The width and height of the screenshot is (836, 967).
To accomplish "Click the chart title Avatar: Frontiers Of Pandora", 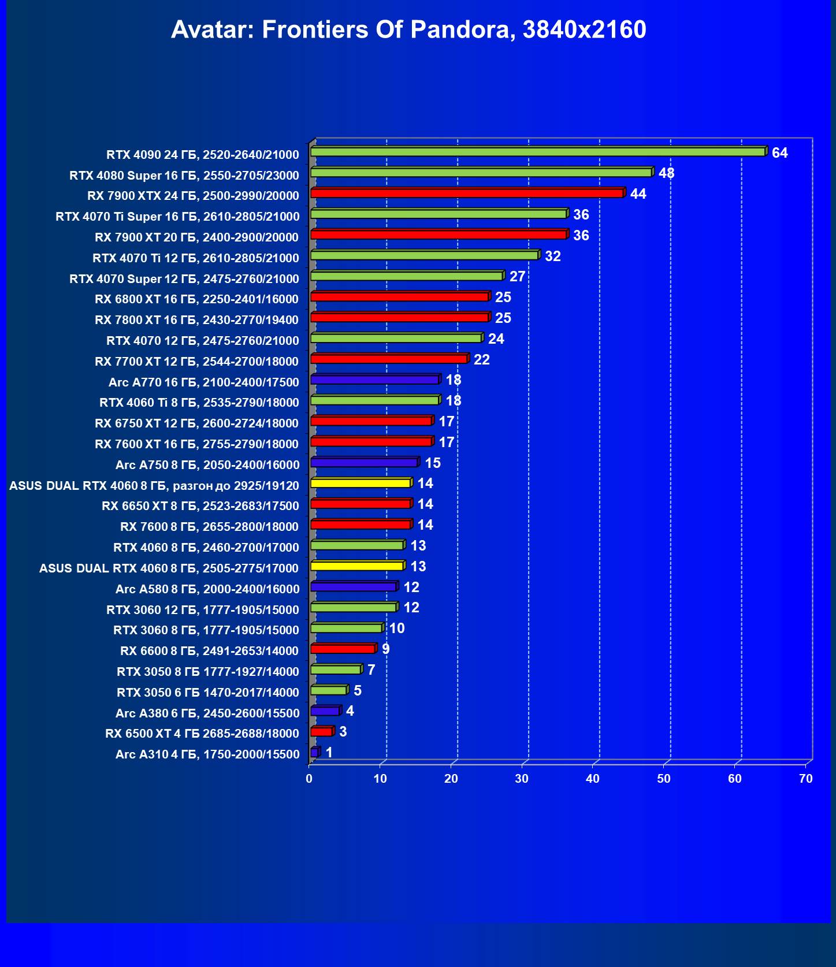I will tap(408, 29).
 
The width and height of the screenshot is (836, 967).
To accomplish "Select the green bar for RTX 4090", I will tap(537, 152).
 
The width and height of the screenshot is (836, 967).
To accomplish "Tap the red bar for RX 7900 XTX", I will tap(467, 193).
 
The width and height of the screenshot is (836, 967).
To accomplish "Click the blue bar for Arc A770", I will tap(375, 380).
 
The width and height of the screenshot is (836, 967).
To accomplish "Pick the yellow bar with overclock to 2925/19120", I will tap(361, 483).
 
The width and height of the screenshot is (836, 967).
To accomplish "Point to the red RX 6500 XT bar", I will tap(321, 732).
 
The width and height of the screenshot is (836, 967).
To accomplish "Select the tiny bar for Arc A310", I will tap(315, 752).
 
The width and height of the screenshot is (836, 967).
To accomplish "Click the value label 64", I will tap(779, 153).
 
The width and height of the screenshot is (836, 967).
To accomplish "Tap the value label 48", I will tap(666, 173).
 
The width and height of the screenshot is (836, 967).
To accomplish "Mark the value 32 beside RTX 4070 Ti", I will tap(552, 256).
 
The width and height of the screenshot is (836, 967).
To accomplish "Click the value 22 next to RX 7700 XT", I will tap(481, 360).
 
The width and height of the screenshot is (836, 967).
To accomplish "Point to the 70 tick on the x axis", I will tap(805, 779).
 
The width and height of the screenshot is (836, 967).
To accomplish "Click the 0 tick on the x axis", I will tap(309, 779).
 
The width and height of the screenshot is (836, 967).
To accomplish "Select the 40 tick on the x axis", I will tap(593, 779).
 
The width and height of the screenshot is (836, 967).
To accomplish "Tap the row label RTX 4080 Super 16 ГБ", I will tap(184, 176).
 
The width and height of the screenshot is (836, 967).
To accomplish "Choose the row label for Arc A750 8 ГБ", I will tap(207, 465).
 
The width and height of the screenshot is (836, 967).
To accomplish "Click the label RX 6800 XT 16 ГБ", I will tap(196, 299).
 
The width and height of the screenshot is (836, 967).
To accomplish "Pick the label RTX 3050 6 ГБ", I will tap(207, 693).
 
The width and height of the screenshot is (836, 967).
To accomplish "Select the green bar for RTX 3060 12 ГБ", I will tap(354, 607).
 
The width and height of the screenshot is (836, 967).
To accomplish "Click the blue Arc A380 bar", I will tap(325, 711).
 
